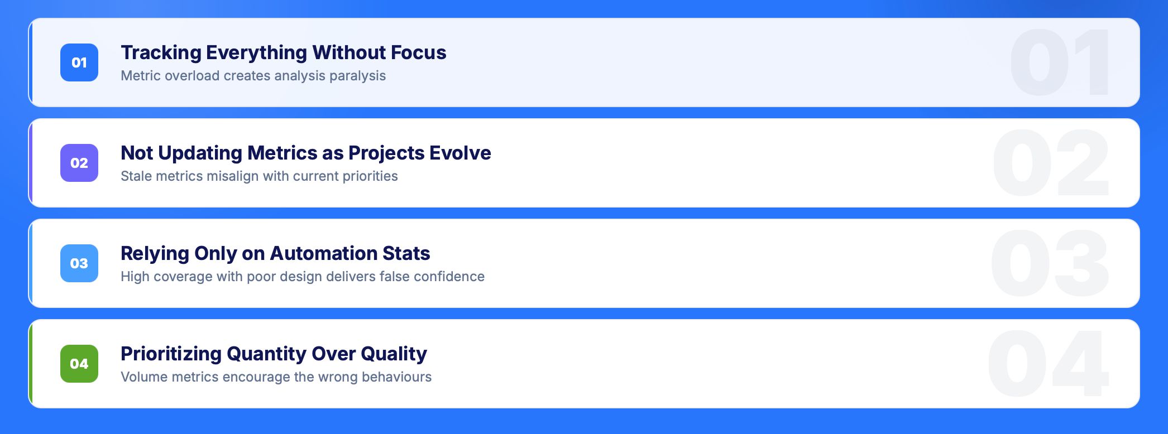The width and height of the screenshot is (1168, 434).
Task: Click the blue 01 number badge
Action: pyautogui.click(x=79, y=62)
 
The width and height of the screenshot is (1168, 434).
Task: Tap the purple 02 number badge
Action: pyautogui.click(x=79, y=163)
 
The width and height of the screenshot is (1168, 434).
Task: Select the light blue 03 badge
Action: pyautogui.click(x=79, y=263)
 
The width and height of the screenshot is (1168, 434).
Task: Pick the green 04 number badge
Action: pyautogui.click(x=79, y=364)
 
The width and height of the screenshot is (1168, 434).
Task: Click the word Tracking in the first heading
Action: pyautogui.click(x=161, y=52)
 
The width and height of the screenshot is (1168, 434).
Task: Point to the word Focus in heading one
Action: pyautogui.click(x=418, y=52)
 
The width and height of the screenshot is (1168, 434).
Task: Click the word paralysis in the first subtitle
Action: pyautogui.click(x=357, y=76)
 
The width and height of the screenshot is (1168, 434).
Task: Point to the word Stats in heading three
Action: pyautogui.click(x=406, y=253)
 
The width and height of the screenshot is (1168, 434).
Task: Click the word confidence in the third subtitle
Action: pyautogui.click(x=449, y=277)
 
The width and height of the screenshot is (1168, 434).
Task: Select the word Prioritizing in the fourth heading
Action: pyautogui.click(x=171, y=354)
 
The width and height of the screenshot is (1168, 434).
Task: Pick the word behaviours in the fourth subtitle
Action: pyautogui.click(x=396, y=377)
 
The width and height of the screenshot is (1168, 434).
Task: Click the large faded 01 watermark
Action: pyautogui.click(x=1060, y=62)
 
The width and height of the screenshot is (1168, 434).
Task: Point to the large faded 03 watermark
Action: pyautogui.click(x=1050, y=263)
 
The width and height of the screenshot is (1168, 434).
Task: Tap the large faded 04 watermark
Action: pyautogui.click(x=1048, y=364)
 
